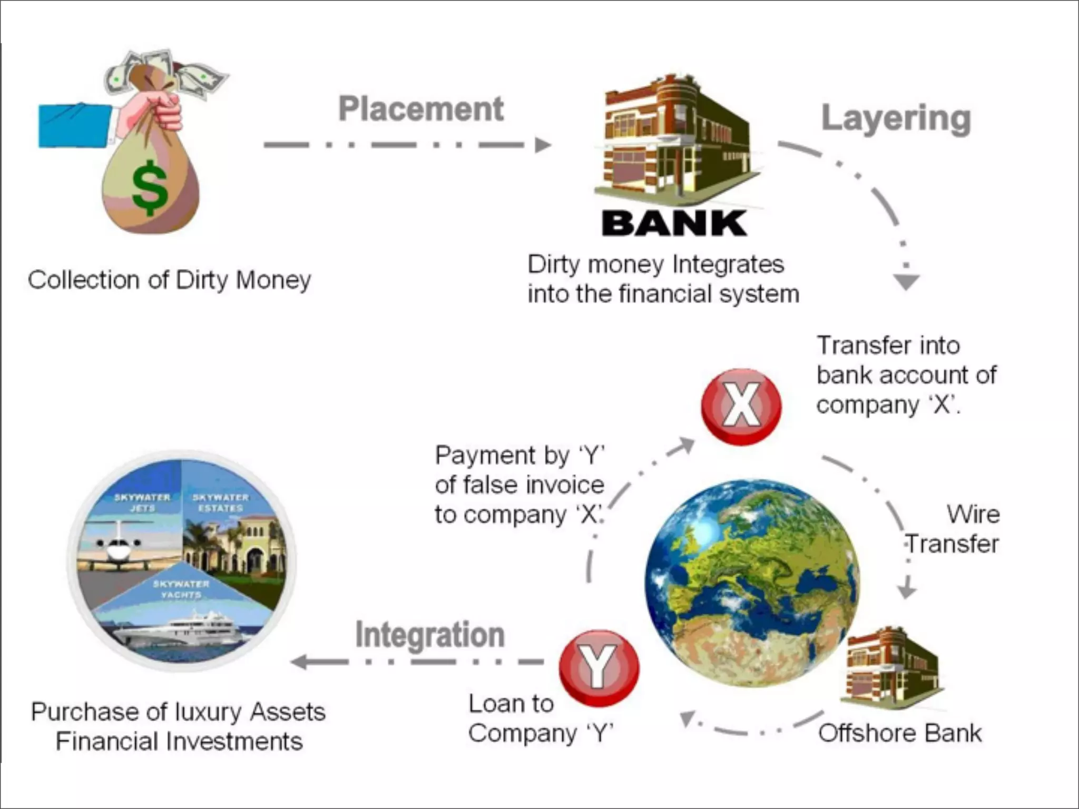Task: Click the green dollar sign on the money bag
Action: point(150,187)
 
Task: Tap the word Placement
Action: point(420,109)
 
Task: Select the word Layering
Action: point(896,119)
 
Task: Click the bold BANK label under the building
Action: point(674,223)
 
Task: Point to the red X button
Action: point(741,406)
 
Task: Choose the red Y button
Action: point(599,667)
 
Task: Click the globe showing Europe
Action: point(751,582)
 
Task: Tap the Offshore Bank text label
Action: point(900,733)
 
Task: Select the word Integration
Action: point(429,634)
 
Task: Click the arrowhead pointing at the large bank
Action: point(542,145)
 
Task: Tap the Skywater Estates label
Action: point(220,502)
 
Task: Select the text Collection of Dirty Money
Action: point(169,280)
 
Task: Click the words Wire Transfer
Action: point(953,529)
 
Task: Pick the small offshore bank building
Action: point(892,665)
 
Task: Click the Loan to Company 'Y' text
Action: point(541,718)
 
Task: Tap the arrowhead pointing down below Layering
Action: point(906,281)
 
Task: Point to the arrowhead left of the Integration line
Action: point(300,662)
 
